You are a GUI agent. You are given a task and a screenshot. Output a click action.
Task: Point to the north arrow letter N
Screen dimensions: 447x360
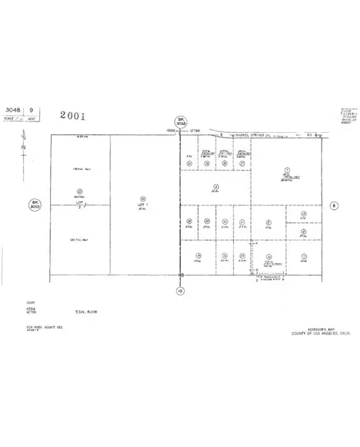(23, 148)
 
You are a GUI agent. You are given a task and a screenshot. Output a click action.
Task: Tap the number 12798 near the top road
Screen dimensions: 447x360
(194, 130)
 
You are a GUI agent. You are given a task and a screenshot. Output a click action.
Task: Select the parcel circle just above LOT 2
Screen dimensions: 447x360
(80, 191)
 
